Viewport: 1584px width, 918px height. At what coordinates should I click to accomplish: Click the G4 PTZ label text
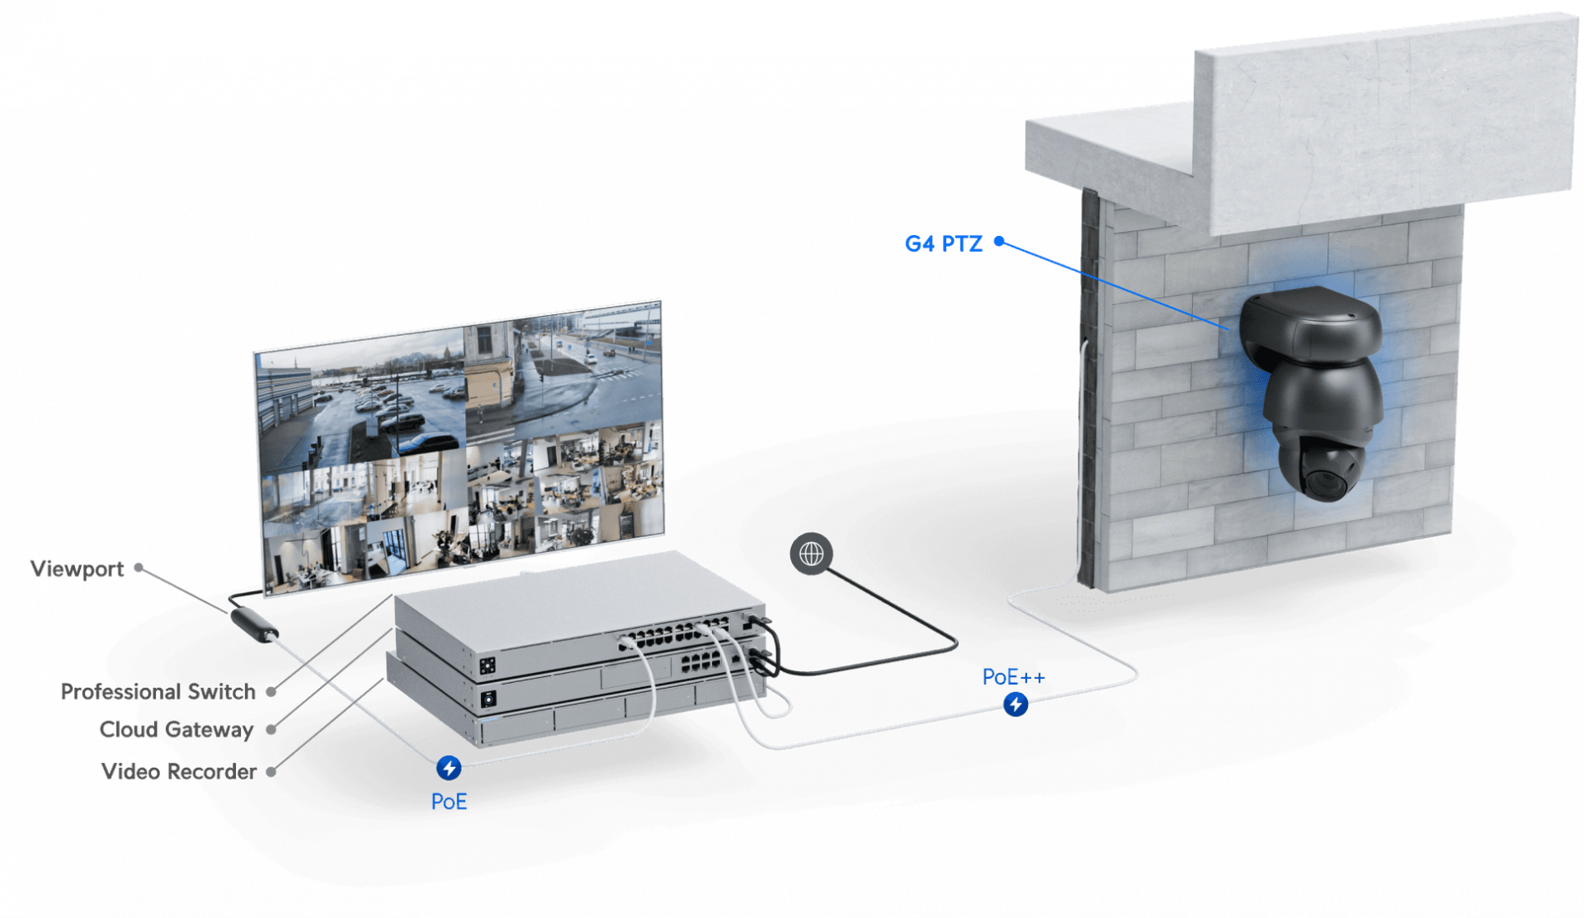click(x=943, y=243)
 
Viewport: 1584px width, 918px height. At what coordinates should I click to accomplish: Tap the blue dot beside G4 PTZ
click(x=999, y=243)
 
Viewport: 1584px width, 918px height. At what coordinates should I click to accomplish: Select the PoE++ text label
click(x=1013, y=677)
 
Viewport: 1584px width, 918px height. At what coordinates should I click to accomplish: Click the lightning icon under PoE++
click(x=1015, y=704)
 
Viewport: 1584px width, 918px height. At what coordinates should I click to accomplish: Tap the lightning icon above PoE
click(x=449, y=767)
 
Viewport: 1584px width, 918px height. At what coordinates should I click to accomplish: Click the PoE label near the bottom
click(x=449, y=802)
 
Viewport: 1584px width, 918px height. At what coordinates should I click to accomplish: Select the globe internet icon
click(x=811, y=554)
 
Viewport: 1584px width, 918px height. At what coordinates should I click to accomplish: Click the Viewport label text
click(x=78, y=569)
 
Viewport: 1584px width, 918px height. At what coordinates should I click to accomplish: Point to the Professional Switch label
click(x=157, y=691)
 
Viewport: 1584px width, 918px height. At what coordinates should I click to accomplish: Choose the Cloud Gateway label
click(x=176, y=730)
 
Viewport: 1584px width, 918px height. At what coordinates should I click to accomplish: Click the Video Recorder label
click(x=178, y=771)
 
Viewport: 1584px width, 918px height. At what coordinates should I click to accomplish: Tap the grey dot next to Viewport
click(x=139, y=568)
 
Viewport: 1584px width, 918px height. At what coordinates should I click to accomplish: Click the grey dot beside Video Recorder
click(x=271, y=772)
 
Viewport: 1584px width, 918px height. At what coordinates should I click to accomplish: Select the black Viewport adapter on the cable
click(x=253, y=625)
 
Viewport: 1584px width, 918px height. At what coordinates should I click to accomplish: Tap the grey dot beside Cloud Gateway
click(x=271, y=730)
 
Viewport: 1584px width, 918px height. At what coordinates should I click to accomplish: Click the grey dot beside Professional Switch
click(x=271, y=691)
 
